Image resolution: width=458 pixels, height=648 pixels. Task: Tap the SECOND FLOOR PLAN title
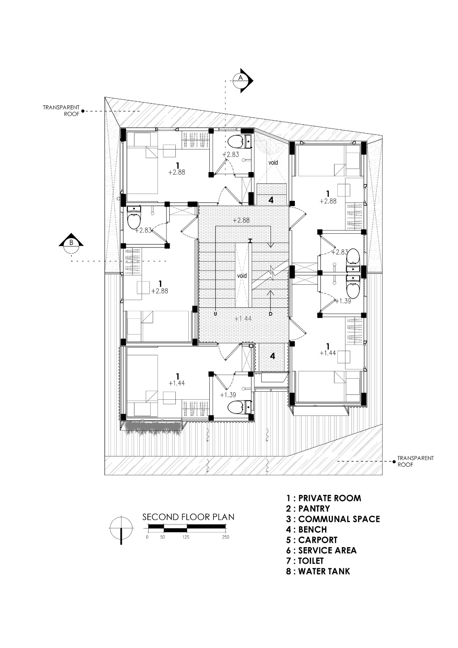click(x=188, y=517)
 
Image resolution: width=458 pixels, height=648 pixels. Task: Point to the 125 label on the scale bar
click(x=186, y=537)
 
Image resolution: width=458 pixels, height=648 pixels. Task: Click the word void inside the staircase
click(x=242, y=275)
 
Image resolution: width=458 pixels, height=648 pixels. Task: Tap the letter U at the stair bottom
click(x=215, y=313)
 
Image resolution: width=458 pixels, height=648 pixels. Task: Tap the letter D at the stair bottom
click(x=270, y=313)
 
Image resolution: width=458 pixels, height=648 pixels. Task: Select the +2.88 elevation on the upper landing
click(x=241, y=220)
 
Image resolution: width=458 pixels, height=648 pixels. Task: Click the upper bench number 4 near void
click(x=271, y=200)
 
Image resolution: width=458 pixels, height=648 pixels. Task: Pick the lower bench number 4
click(x=273, y=356)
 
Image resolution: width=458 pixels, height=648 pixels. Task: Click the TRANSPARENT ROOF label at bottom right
click(x=415, y=461)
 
